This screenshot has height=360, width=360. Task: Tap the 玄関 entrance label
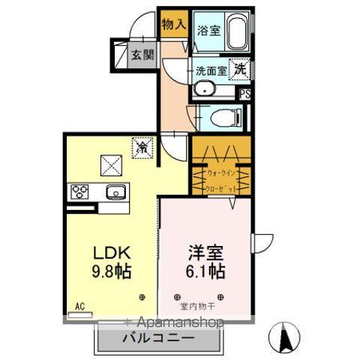coord(142,54)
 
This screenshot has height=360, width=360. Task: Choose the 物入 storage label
coord(173,24)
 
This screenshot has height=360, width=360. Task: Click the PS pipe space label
coord(244,94)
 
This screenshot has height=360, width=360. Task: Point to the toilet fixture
coord(224,118)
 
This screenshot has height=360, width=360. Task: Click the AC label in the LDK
coord(80,306)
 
